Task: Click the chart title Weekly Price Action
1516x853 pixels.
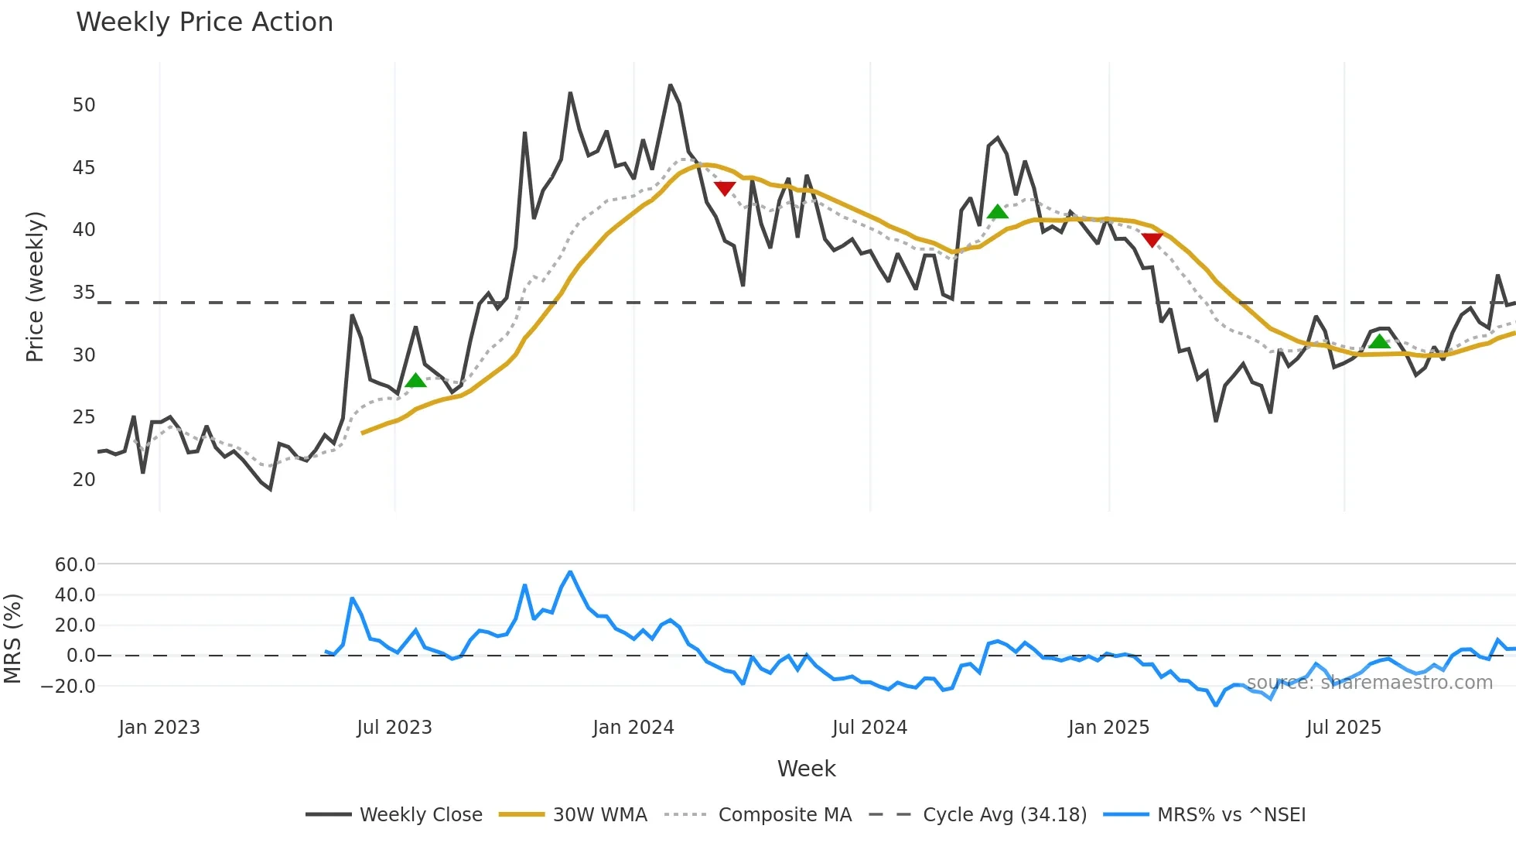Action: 204,22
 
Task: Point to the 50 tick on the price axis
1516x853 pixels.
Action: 84,105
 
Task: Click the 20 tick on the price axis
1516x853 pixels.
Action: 84,480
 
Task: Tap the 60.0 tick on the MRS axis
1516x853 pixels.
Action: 75,565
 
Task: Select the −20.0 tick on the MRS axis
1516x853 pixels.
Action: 69,687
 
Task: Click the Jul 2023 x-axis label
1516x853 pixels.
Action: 394,728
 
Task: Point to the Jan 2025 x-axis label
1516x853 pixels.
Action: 1108,728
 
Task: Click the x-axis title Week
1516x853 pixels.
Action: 806,769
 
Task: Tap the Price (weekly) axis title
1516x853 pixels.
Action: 36,286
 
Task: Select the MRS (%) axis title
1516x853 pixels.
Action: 13,639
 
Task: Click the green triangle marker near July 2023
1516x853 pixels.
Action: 416,380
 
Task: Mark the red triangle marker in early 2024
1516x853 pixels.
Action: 725,188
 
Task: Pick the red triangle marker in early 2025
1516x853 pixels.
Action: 1152,241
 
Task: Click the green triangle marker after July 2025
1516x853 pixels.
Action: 1379,341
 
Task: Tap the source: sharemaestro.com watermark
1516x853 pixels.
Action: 1369,683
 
